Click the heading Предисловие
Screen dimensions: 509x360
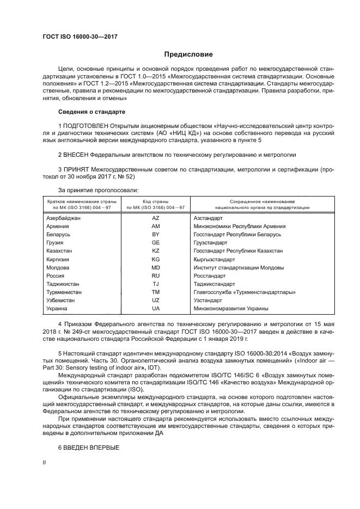click(x=189, y=54)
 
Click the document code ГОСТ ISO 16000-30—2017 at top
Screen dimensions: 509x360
click(x=80, y=36)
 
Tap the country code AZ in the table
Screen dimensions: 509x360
click(x=155, y=218)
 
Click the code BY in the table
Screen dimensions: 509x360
click(x=155, y=234)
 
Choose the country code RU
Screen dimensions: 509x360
click(x=155, y=275)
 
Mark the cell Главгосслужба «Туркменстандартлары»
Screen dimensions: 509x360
click(x=245, y=292)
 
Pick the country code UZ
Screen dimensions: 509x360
click(x=155, y=300)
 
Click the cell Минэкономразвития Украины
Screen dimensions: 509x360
click(x=231, y=308)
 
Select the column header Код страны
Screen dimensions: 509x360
click(x=155, y=201)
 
